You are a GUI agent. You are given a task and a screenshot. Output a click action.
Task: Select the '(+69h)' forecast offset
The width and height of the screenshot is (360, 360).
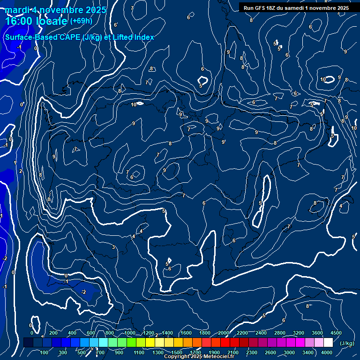click(x=82, y=21)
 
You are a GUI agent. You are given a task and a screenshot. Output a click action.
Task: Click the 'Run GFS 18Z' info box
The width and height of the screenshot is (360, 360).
click(x=296, y=8)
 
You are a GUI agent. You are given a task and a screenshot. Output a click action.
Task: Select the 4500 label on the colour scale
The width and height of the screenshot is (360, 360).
click(x=336, y=333)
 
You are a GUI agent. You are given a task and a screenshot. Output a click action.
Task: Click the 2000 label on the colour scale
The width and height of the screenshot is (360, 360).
click(x=224, y=333)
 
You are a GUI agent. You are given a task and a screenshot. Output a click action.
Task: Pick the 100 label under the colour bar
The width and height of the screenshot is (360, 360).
click(x=45, y=352)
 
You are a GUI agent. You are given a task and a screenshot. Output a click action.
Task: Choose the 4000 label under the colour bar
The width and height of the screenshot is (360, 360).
click(x=327, y=352)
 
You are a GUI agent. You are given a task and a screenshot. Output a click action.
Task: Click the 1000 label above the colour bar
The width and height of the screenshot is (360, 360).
click(x=129, y=333)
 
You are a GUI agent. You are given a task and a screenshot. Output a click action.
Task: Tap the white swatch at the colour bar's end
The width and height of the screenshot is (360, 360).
click(x=328, y=343)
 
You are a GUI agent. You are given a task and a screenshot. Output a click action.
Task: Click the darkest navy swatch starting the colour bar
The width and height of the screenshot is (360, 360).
click(x=28, y=343)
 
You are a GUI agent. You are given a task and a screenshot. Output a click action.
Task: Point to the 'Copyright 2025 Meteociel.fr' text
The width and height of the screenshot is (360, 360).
click(x=199, y=357)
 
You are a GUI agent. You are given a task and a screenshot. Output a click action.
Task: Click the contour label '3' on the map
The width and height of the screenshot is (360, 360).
click(x=113, y=247)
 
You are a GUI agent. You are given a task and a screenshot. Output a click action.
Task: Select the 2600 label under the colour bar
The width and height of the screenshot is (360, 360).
click(x=270, y=352)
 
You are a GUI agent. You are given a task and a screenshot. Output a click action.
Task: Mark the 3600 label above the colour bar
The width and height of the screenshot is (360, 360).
click(x=317, y=333)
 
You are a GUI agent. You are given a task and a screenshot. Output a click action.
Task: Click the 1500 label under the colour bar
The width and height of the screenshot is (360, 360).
click(x=176, y=352)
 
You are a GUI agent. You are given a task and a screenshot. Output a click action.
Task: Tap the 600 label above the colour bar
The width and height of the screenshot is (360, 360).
click(x=91, y=333)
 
